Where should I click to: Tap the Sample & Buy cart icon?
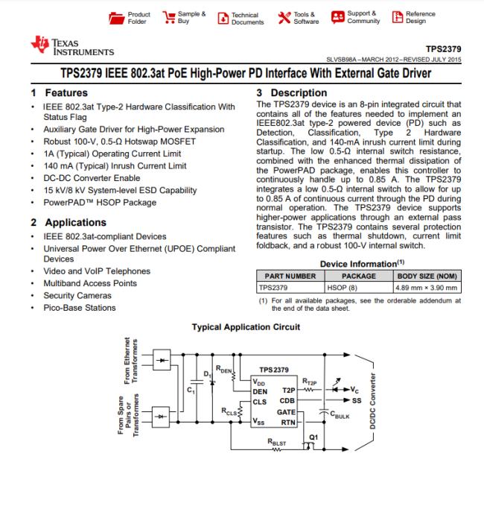tap(168, 16)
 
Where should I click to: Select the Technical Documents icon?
tap(222, 17)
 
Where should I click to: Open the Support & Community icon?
tap(337, 16)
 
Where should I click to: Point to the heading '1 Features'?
tap(59, 93)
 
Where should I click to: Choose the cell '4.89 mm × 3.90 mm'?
tap(427, 287)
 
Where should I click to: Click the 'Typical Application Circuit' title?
tap(246, 326)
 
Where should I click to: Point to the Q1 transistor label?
tap(313, 437)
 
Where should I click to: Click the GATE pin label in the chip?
tap(286, 411)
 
